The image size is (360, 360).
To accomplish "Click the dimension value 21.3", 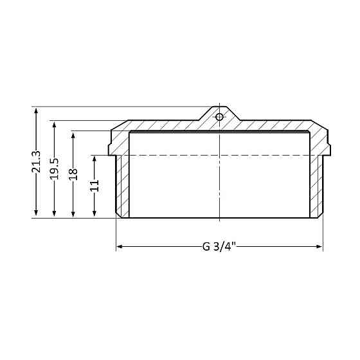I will [x=37, y=162].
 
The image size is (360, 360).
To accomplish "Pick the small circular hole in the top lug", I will [x=219, y=117].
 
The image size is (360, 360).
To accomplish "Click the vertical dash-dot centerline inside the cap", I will [x=219, y=186].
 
